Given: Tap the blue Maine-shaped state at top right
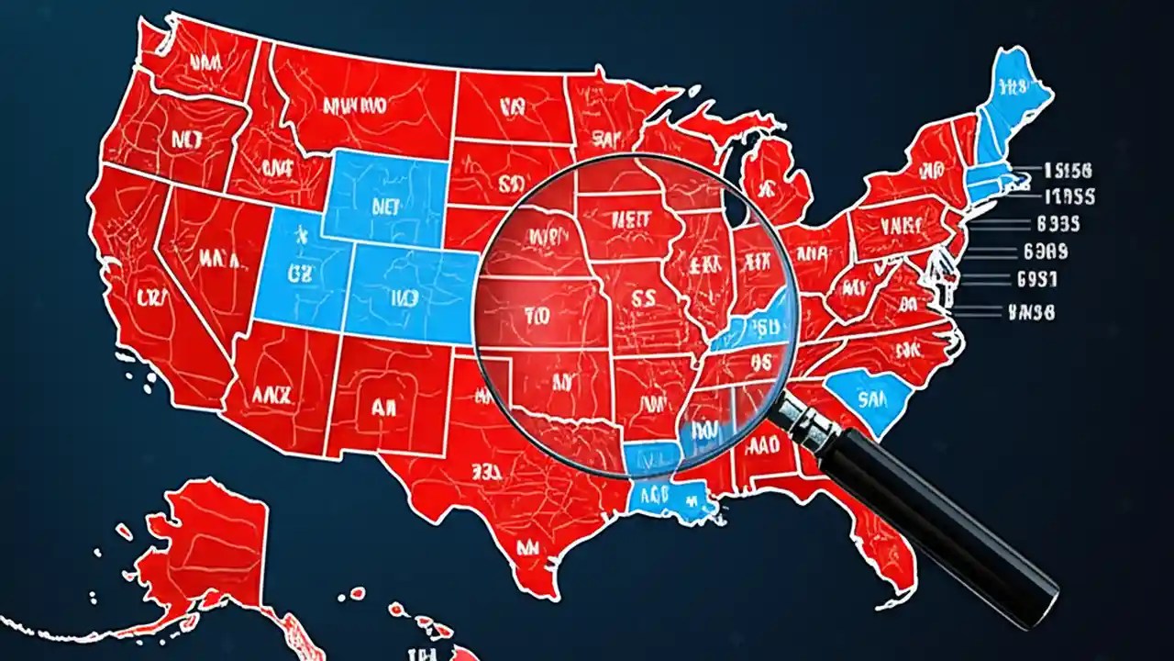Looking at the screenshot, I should [x=1009, y=101].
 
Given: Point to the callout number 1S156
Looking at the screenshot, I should [x=1068, y=171].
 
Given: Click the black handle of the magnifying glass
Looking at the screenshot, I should [x=936, y=523].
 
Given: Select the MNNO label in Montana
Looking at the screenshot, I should [x=353, y=106].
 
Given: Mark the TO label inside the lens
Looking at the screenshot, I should [x=536, y=314].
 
